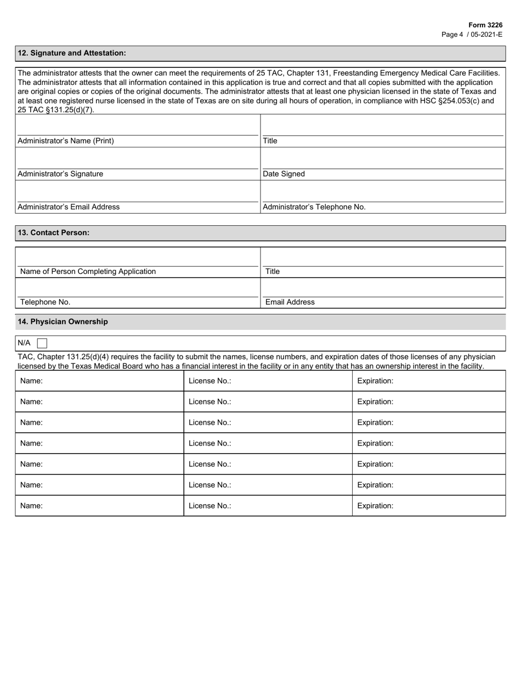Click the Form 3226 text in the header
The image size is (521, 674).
pos(485,25)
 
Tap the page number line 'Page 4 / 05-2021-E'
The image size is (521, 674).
pos(472,34)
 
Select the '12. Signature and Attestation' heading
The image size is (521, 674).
pos(72,53)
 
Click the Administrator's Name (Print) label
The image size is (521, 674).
pos(66,141)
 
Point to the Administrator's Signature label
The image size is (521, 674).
pos(60,174)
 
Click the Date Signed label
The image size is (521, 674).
pos(284,174)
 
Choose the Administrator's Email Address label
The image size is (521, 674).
pos(69,207)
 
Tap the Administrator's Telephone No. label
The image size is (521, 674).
pos(314,207)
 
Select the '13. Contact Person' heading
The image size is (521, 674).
pos(54,232)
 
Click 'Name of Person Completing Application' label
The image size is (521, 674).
pos(88,271)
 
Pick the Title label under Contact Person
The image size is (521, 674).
pos(273,271)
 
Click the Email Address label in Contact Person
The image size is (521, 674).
pos(290,302)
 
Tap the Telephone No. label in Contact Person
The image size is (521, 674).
pos(45,302)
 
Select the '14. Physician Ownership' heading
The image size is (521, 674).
pos(63,322)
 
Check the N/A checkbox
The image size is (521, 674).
pos(42,343)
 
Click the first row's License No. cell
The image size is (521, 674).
pos(268,381)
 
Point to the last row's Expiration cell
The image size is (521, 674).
pos(428,506)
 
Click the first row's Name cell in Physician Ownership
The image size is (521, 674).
pos(99,381)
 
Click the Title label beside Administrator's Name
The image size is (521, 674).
pos(270,141)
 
